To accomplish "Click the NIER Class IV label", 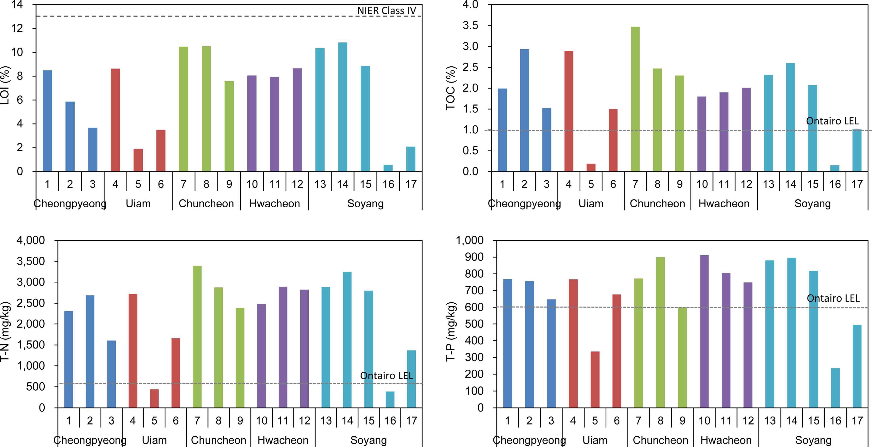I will tap(386, 10).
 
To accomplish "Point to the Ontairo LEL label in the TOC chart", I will tap(832, 121).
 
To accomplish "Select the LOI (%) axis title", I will tap(5, 85).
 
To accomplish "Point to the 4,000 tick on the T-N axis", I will tap(31, 240).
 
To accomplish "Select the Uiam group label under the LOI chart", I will tap(138, 203).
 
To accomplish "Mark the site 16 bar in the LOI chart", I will tap(388, 168).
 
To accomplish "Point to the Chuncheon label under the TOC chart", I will tap(657, 203).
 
